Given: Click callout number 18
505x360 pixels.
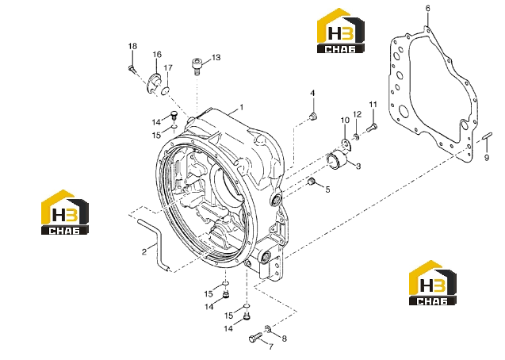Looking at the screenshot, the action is [132, 46].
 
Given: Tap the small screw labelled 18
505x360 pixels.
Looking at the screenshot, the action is [132, 68].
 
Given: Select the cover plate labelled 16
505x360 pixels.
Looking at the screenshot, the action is [153, 82].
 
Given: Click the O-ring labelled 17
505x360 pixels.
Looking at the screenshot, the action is [165, 91].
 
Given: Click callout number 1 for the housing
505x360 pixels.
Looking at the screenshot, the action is [241, 107].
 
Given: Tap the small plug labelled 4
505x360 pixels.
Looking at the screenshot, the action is [312, 117].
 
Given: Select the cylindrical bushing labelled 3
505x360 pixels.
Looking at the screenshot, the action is [337, 159].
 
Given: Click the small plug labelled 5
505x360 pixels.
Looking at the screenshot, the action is [311, 182].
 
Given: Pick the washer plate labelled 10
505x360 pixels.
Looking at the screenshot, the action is [346, 144].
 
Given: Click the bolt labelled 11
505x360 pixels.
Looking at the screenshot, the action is [372, 128].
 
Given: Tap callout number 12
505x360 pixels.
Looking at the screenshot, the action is [358, 114].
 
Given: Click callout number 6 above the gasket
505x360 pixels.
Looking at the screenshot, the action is [427, 9].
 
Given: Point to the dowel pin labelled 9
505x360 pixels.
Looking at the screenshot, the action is [486, 136].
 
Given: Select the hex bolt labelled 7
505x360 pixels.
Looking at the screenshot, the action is [256, 338].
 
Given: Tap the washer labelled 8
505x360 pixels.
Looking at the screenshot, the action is [268, 328].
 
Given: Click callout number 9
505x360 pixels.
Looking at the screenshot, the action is [487, 158].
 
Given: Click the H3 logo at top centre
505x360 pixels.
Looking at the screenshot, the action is [341, 31].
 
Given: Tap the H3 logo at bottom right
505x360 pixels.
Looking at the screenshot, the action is [433, 282].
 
